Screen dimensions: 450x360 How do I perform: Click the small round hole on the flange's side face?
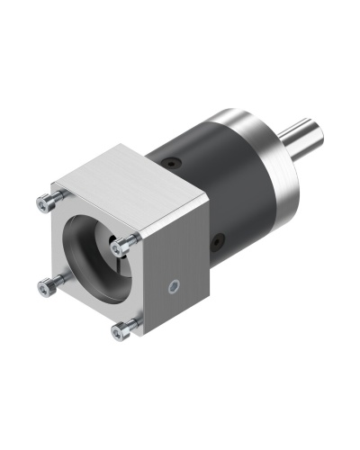pos(175,288)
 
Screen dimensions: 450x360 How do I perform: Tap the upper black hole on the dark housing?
pos(171,164)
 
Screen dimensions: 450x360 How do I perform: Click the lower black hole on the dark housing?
pos(218,241)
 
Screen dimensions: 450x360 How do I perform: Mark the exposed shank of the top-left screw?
pos(52,199)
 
